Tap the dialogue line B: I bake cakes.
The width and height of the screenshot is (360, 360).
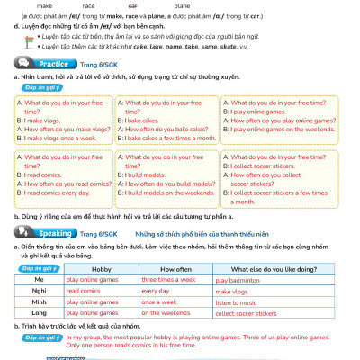(148, 119)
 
